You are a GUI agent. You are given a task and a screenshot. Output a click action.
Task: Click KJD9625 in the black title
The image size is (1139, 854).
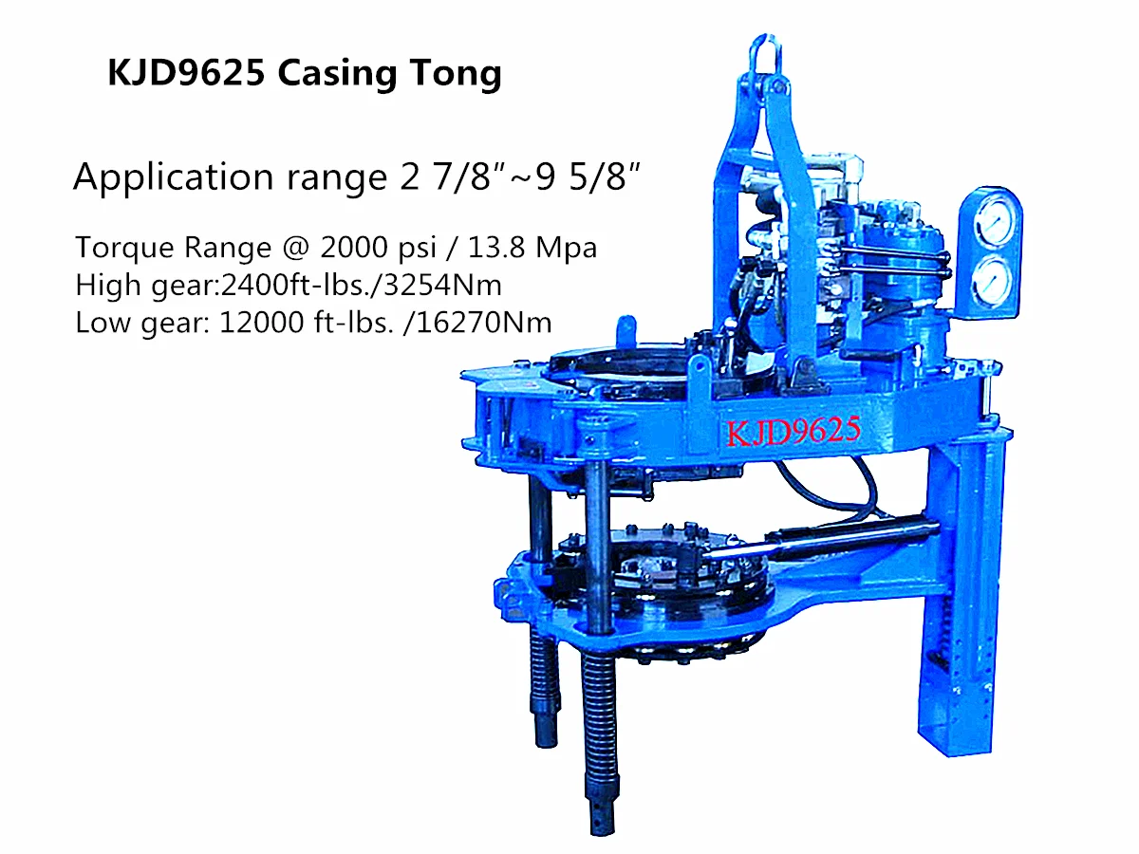[x=186, y=72]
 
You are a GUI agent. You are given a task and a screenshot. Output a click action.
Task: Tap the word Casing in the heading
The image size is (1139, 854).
[x=337, y=74]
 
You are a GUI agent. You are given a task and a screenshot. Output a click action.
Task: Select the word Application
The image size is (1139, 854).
[x=174, y=177]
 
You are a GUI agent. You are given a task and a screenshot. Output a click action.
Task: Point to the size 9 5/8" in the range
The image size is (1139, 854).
[x=588, y=176]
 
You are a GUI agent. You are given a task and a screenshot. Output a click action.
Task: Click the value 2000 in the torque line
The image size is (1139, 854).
[x=354, y=248]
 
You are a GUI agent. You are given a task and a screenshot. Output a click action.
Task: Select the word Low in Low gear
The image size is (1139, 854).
[x=103, y=323]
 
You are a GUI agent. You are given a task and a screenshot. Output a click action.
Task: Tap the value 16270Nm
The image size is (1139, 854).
[x=484, y=323]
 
